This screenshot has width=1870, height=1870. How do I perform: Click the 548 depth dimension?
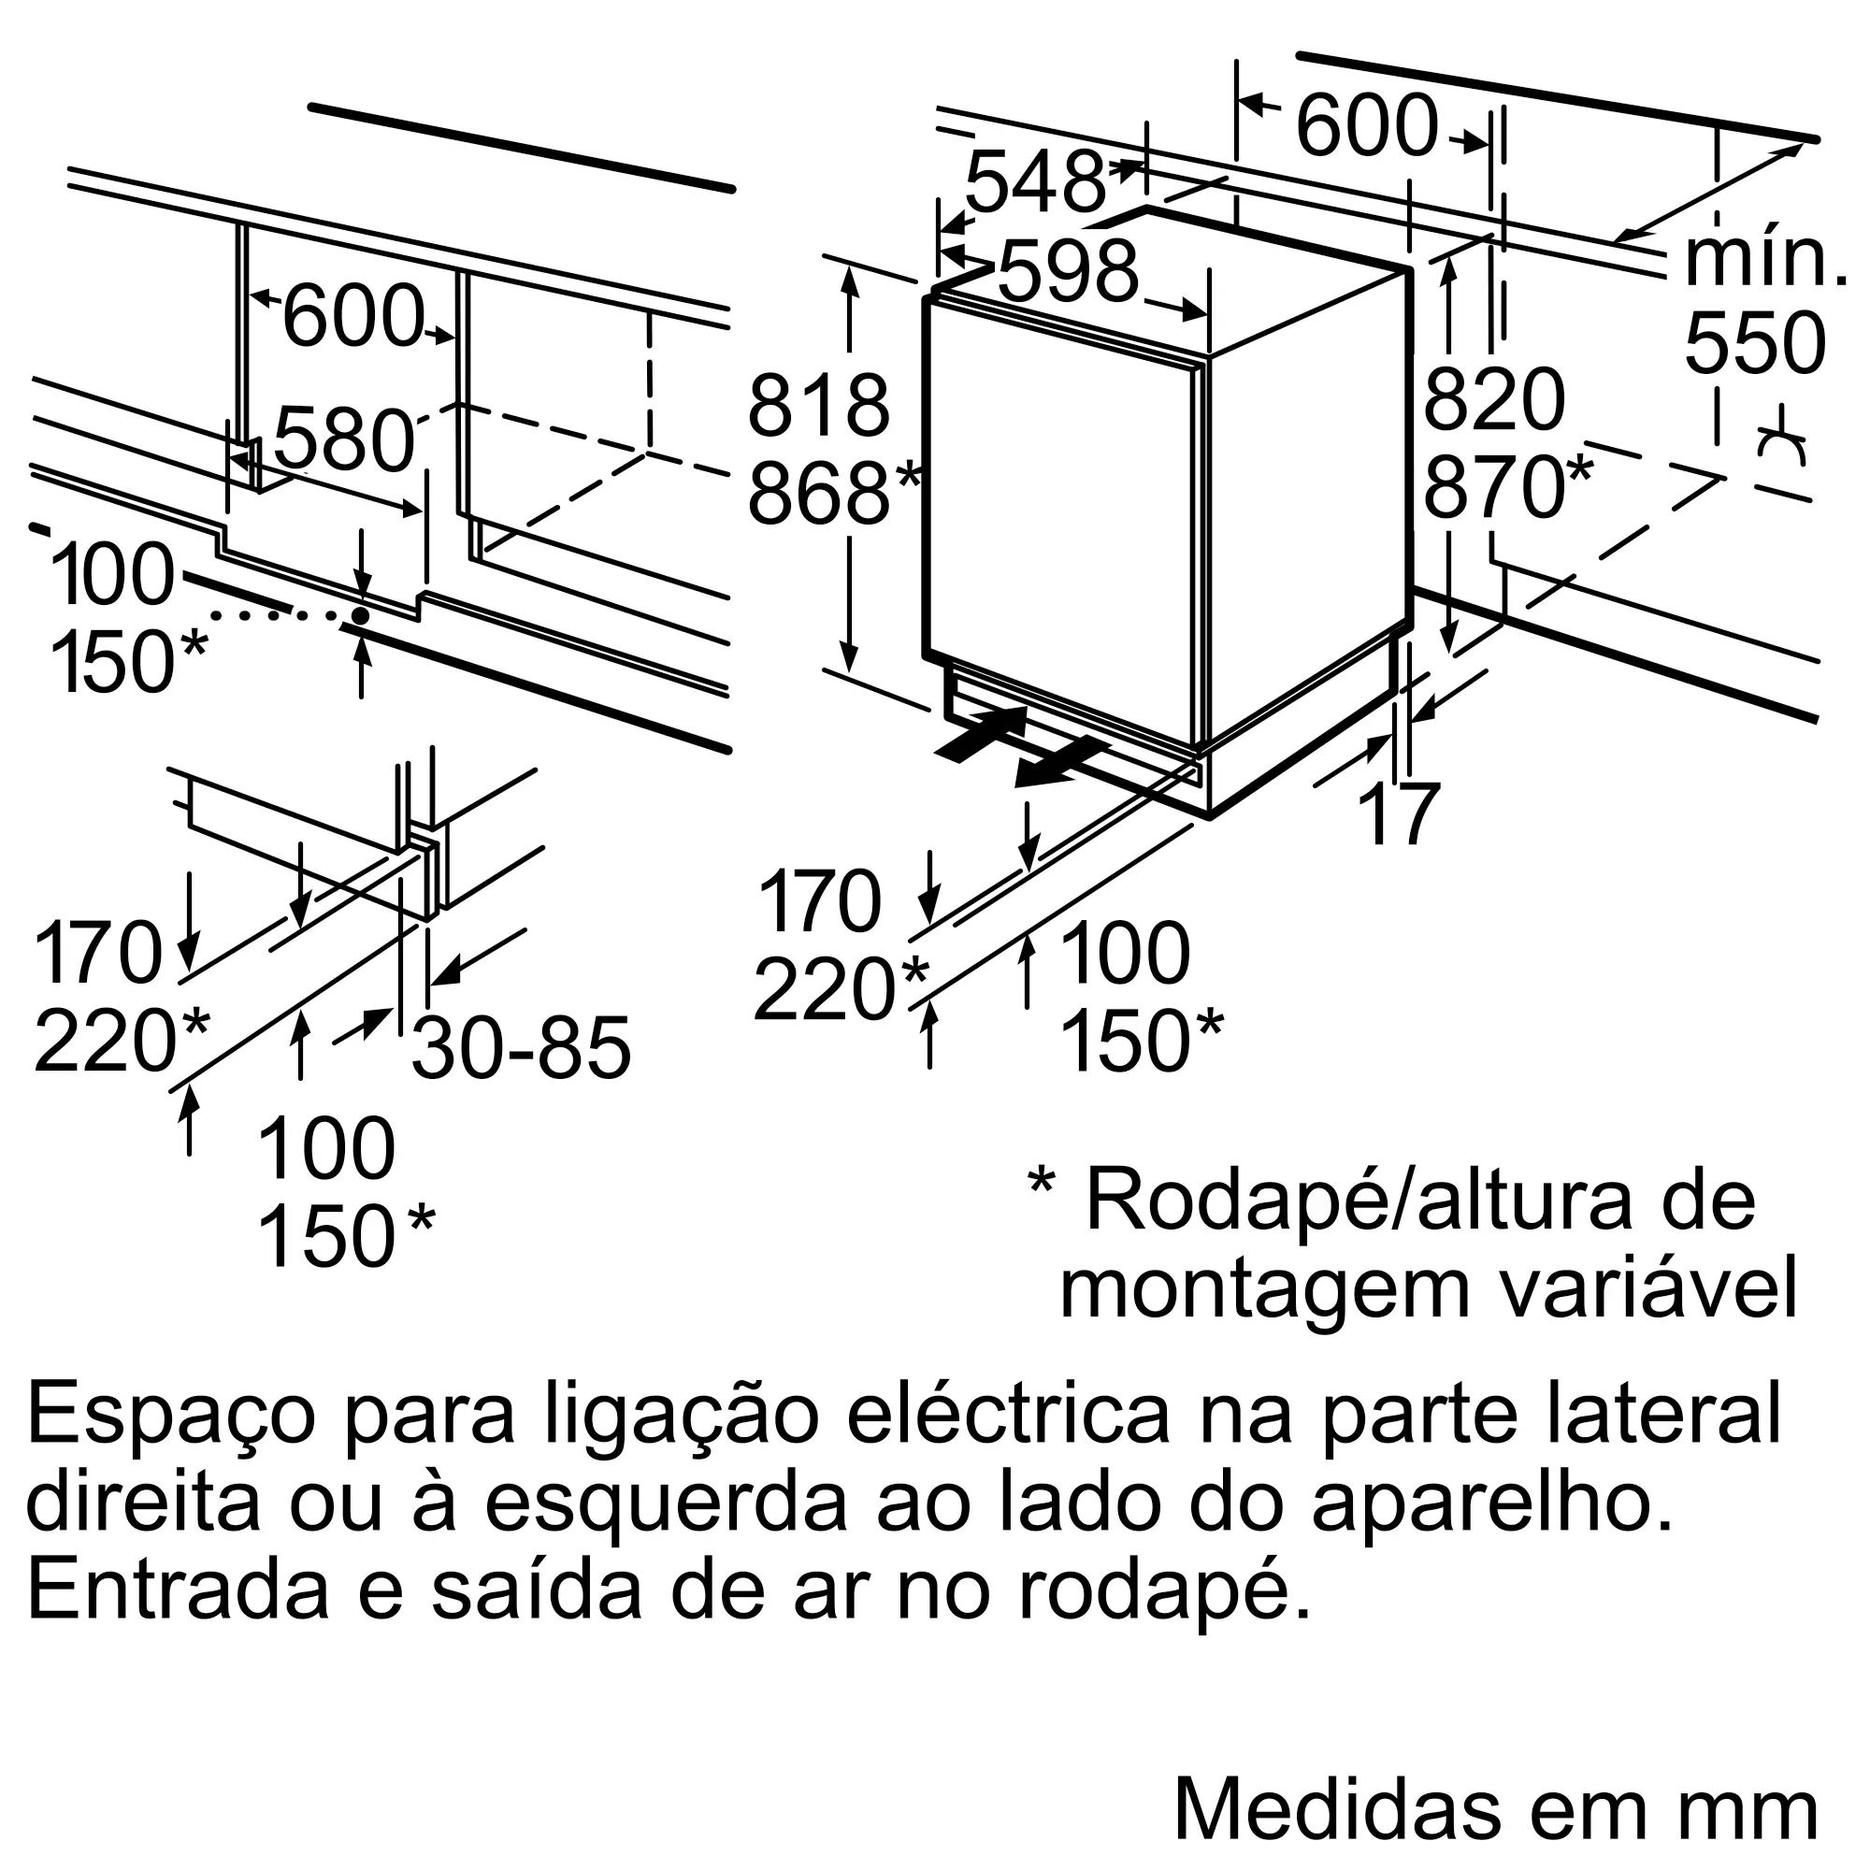coord(1034,182)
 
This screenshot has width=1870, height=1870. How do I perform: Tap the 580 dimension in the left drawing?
coord(343,441)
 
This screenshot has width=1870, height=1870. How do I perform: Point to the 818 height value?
coord(818,407)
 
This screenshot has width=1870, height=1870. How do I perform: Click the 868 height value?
coord(818,494)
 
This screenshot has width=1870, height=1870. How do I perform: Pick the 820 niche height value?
coord(1493,399)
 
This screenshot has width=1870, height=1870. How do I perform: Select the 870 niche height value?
coord(1493,487)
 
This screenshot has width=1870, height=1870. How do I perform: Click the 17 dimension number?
coord(1400,814)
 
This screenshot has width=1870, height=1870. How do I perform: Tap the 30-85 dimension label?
coord(521,1048)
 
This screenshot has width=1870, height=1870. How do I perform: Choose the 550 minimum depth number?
coord(1755,343)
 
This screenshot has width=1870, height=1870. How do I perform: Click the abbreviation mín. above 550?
coord(1762,258)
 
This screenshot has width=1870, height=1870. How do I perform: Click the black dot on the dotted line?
coord(360,615)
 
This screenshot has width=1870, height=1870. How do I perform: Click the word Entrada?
coord(180,1590)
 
